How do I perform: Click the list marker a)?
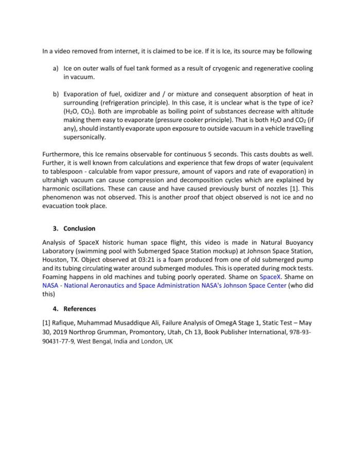56,68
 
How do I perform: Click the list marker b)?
56,94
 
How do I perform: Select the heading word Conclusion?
79,229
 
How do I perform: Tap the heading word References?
80,309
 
